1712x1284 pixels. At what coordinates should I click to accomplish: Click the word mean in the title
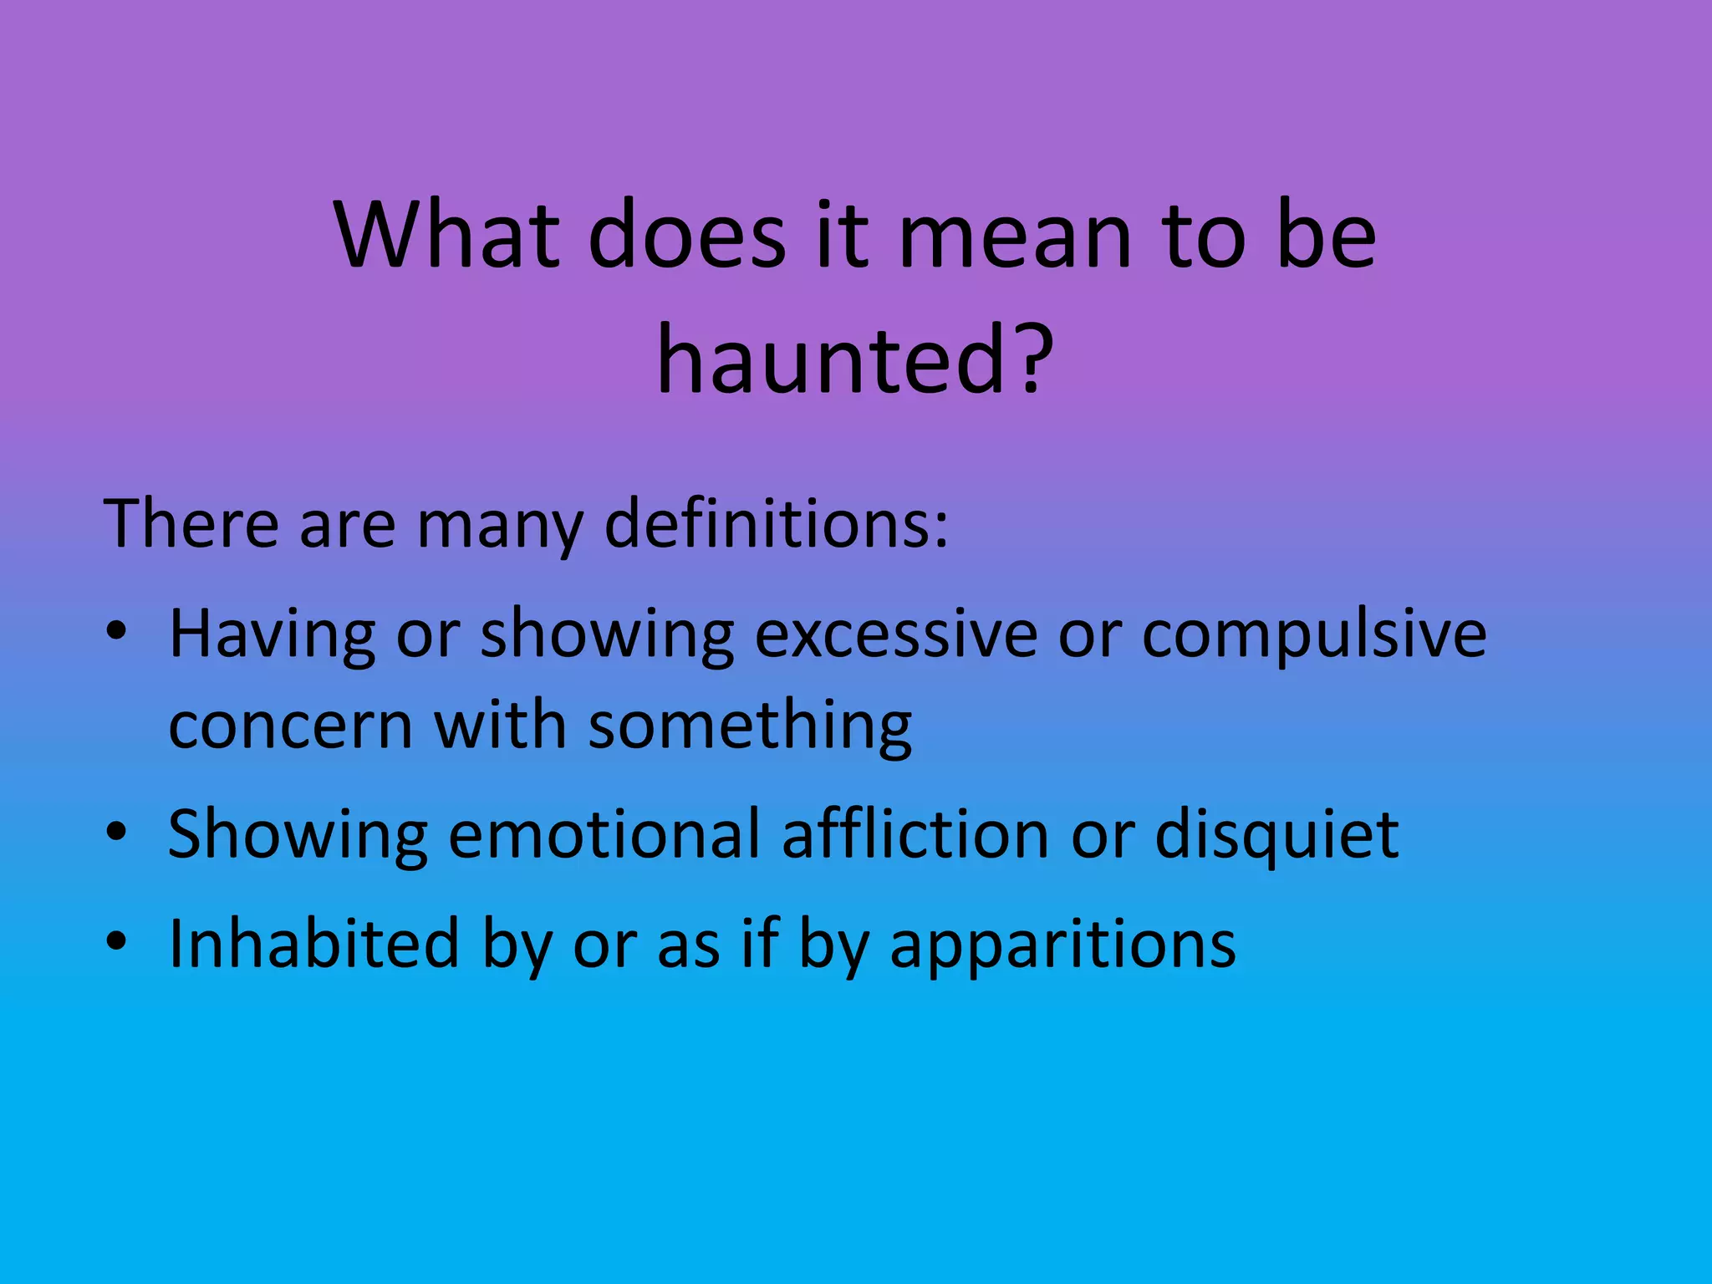tap(1014, 238)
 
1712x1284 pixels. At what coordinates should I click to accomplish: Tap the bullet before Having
tap(117, 632)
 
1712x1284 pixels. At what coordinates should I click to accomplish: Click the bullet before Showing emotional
tap(117, 832)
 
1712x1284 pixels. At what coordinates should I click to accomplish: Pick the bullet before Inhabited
tap(117, 941)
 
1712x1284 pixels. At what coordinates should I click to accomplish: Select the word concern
tap(290, 725)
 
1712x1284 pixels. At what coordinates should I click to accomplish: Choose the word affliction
tap(915, 833)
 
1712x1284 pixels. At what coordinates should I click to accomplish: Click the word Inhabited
tap(313, 943)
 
